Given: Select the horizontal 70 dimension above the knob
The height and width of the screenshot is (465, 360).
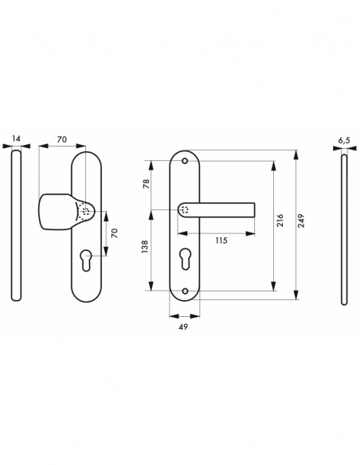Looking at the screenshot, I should pos(62,139).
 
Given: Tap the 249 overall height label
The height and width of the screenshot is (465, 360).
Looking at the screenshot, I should pos(301,224).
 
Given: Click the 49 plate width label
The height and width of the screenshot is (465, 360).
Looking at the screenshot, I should pos(185,326).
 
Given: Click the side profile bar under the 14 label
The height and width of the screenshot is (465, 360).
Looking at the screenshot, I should pos(17,227).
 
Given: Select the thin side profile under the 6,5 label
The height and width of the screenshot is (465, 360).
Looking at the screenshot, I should pos(343,227).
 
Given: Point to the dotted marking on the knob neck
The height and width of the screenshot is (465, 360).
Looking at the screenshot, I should pos(85,213).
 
